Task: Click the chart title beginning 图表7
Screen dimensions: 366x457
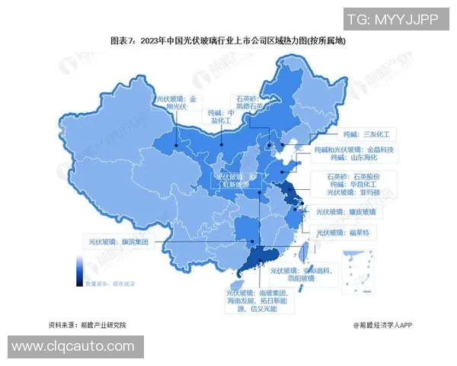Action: tap(228, 39)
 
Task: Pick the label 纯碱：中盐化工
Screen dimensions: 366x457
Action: tap(218, 115)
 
